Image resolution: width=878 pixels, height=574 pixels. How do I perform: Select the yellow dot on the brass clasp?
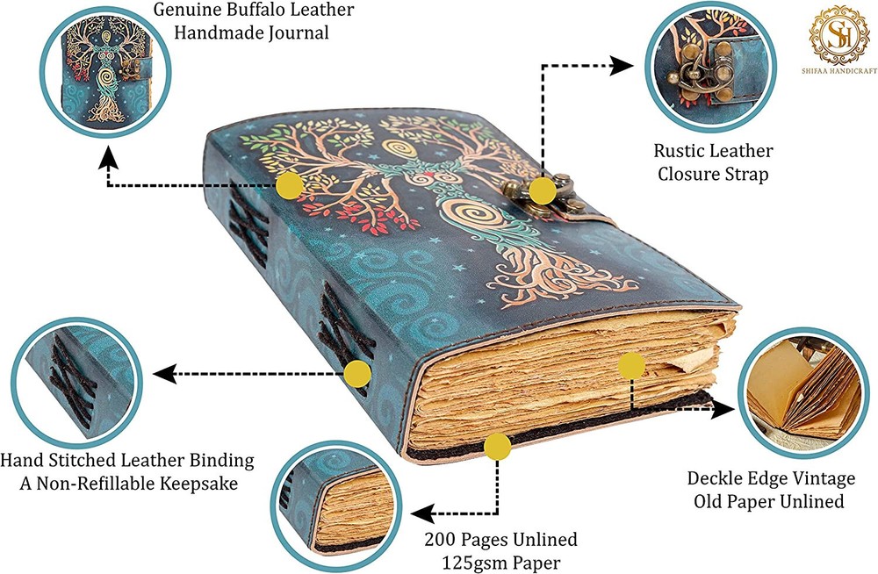click(542, 190)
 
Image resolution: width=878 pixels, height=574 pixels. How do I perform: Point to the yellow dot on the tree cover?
click(289, 184)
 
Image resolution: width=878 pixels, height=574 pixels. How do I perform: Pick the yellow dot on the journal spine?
click(356, 374)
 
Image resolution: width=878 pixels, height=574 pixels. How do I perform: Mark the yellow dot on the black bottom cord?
click(497, 447)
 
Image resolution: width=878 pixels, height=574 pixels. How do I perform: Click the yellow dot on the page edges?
click(631, 365)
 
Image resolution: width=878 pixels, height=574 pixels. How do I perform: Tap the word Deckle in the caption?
click(714, 478)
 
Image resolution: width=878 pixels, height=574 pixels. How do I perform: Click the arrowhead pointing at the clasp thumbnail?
click(623, 65)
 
